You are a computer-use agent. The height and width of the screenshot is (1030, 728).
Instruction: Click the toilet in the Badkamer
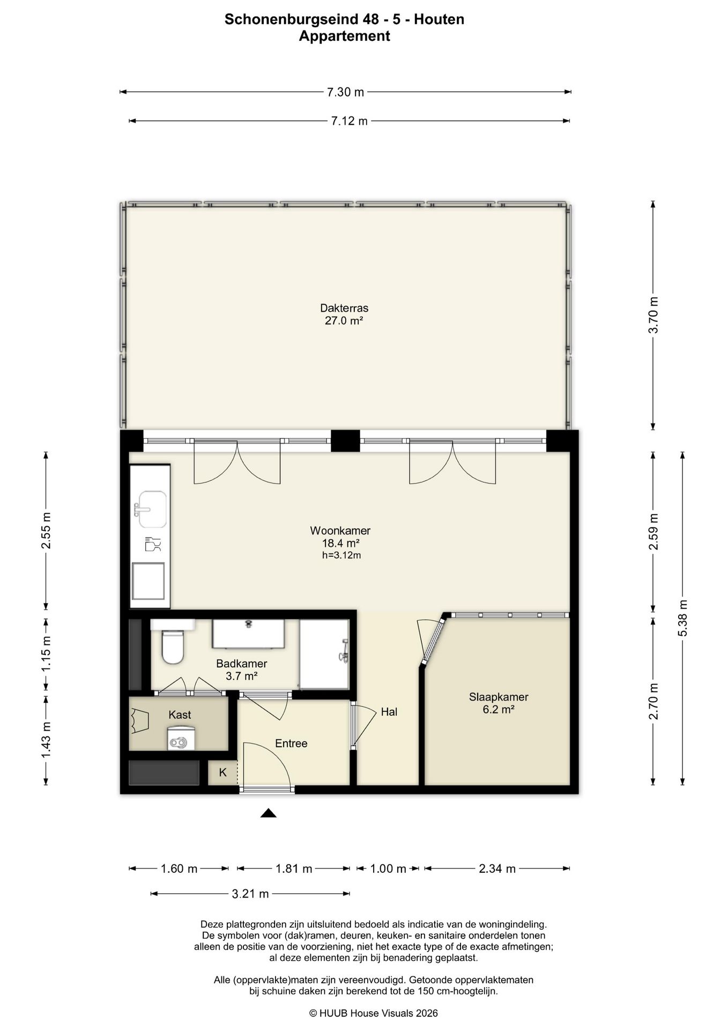coord(173,646)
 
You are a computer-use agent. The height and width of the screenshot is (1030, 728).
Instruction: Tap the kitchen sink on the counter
coord(152,509)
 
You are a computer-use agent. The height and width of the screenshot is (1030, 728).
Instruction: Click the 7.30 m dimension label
coord(345,92)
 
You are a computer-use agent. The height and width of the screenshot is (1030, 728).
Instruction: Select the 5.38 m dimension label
coord(683,617)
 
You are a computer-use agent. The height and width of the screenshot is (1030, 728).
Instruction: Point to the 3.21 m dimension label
coord(250,894)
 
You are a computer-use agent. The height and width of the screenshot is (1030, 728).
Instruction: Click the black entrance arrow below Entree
coord(269,813)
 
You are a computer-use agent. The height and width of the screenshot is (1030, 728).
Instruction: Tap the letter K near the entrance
coord(223,772)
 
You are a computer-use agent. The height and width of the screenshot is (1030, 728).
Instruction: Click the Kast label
coord(180,715)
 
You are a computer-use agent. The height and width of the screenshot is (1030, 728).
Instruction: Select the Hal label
coord(389,712)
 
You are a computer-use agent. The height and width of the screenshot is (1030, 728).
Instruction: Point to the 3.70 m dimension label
coord(653,315)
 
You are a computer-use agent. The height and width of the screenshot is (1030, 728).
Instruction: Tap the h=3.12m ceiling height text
coord(341,555)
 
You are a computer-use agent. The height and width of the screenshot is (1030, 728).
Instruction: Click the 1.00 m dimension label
coord(388,869)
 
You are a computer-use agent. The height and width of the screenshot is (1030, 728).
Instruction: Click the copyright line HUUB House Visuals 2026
coord(374,1013)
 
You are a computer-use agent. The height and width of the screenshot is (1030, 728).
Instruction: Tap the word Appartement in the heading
coord(344,36)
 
